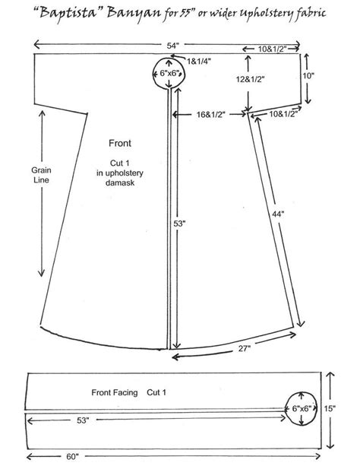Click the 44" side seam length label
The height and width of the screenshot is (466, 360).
pos(278,215)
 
